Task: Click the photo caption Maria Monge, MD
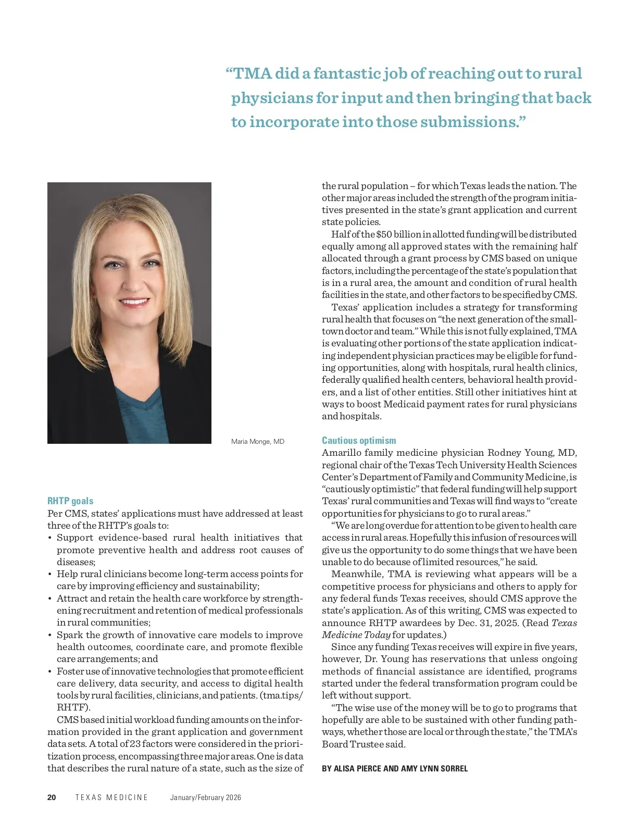pos(257,442)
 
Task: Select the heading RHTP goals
pos(70,501)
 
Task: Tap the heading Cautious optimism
pos(359,441)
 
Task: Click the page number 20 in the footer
pos(52,797)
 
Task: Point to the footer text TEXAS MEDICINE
pos(111,797)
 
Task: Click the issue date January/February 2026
pos(205,797)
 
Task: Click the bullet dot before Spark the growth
pos(49,635)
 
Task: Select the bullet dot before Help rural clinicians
pos(49,575)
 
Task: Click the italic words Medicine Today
pos(356,635)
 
